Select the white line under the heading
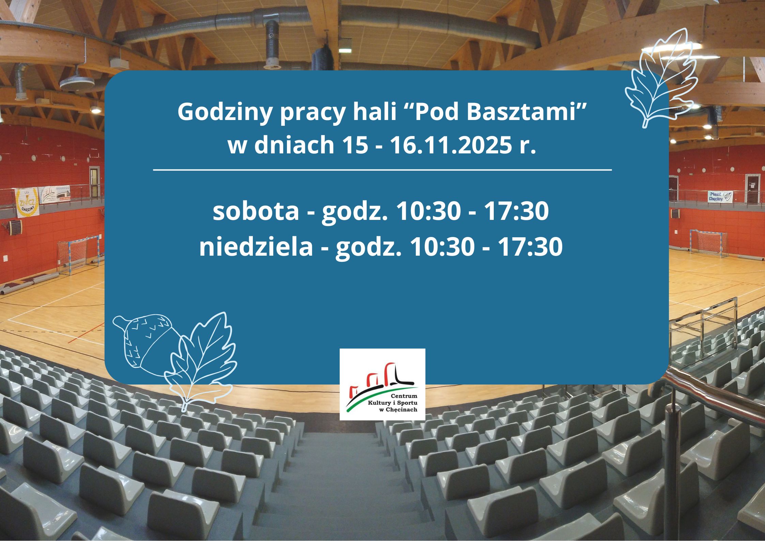point(382,169)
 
